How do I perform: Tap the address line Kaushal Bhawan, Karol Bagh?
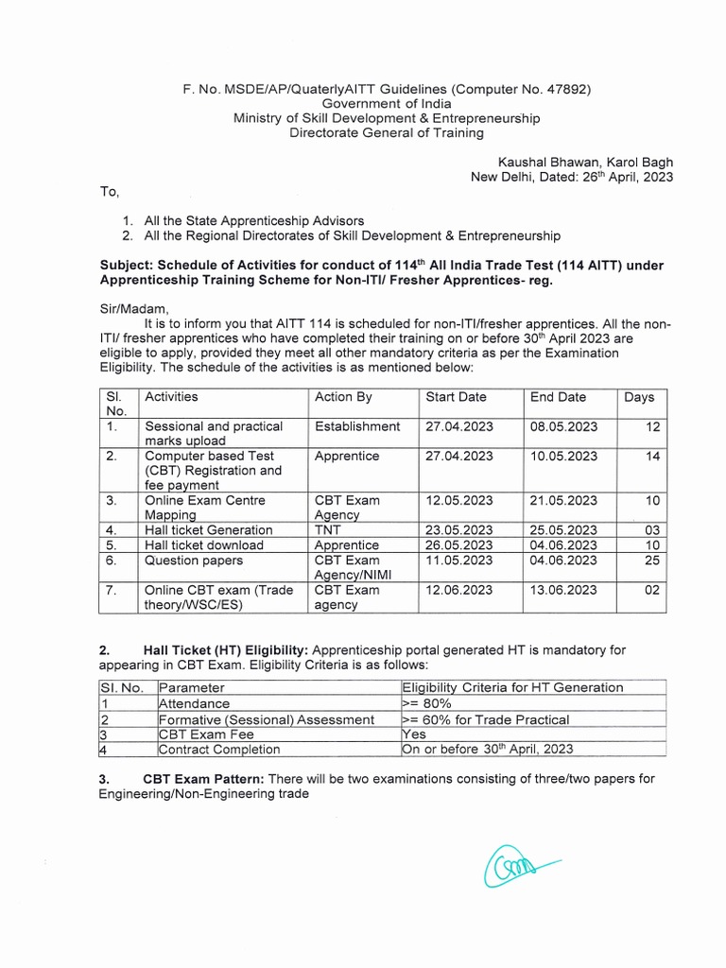586,163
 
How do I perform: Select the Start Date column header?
456,397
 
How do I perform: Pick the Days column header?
639,397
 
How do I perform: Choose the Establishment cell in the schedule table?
357,426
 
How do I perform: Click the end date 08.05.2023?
563,426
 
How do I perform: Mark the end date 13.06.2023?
563,590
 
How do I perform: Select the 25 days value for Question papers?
651,561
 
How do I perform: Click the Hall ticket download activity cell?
204,545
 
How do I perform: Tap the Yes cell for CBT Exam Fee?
414,734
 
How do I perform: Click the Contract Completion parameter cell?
219,749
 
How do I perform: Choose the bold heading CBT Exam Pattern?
204,779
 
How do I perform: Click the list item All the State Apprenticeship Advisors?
253,219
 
